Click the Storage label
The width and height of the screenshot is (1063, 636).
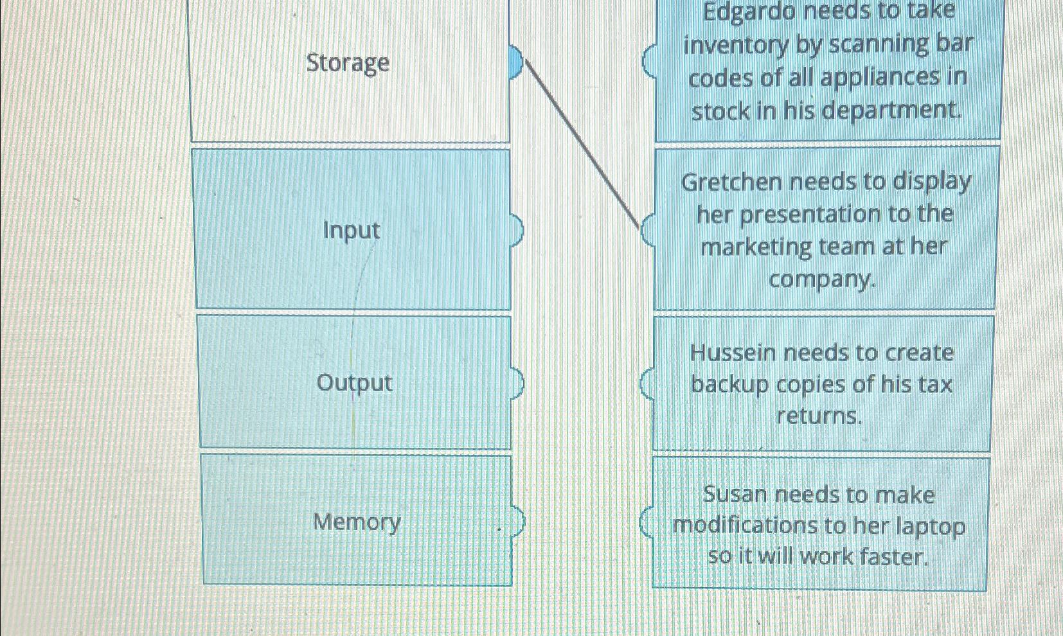[x=348, y=63]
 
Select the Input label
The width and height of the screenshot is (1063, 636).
[x=352, y=230]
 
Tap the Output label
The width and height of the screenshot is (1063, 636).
[x=354, y=383]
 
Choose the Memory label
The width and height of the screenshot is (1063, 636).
[x=357, y=522]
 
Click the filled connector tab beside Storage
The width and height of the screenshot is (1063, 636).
[x=516, y=62]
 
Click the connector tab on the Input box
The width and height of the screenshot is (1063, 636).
[x=517, y=229]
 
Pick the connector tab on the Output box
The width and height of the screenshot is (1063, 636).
[x=517, y=383]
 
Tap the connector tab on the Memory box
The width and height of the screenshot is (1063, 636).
[x=518, y=522]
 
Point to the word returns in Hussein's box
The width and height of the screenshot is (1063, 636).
[x=819, y=416]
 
